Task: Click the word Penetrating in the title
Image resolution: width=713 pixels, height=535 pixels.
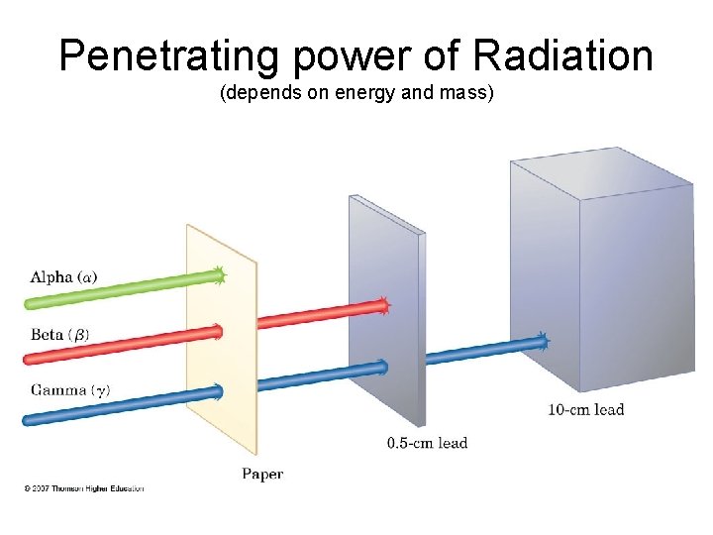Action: [165, 56]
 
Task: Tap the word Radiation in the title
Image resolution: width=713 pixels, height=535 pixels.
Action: [562, 56]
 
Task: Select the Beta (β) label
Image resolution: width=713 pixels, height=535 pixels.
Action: [59, 335]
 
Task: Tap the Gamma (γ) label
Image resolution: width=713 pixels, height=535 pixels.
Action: [69, 390]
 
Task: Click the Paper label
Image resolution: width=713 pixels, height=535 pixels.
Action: [262, 475]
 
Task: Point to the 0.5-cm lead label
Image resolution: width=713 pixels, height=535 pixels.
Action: [427, 443]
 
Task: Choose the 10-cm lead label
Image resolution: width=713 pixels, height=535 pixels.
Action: [585, 409]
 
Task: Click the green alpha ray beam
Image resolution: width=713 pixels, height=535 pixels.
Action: [119, 285]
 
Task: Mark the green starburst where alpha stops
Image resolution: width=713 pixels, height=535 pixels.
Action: [219, 275]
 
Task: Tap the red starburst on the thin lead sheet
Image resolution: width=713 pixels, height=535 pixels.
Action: [383, 306]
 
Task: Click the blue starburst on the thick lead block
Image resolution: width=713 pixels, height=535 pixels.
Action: [540, 343]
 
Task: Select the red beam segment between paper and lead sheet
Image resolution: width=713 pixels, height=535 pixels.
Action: [317, 316]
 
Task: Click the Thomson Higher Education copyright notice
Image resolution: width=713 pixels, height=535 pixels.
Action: [84, 488]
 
